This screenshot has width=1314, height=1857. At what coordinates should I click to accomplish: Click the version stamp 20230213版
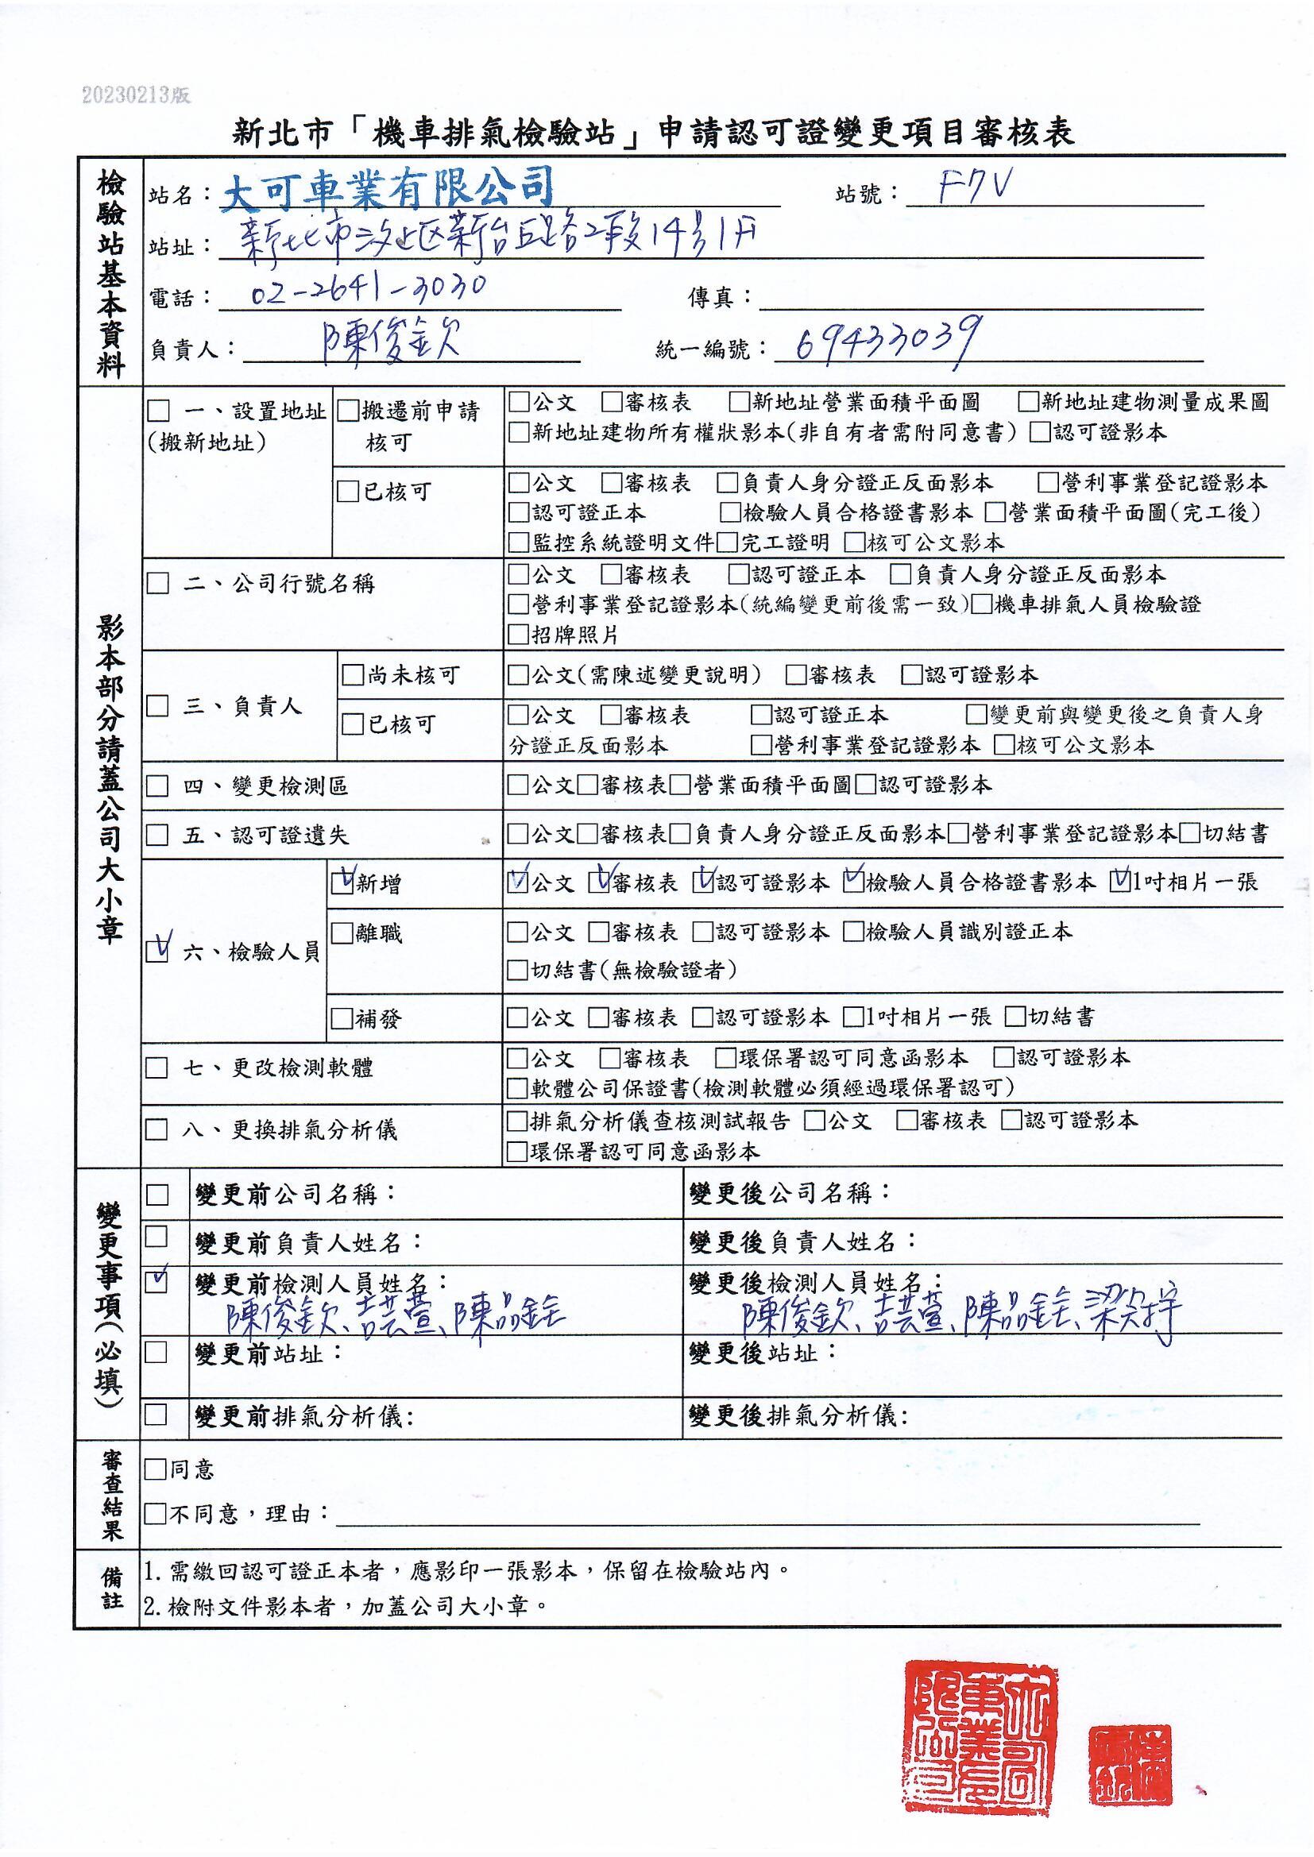tap(136, 96)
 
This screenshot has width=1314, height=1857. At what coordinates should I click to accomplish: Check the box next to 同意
tap(155, 1469)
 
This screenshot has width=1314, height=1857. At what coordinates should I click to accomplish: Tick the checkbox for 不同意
tap(155, 1513)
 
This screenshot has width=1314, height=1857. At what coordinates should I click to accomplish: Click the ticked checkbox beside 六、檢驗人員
tap(158, 950)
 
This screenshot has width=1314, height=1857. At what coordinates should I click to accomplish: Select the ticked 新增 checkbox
tap(342, 883)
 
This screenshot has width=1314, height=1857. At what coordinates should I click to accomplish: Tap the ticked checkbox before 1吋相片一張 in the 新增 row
tap(1121, 882)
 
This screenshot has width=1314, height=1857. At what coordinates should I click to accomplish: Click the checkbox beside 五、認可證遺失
tap(157, 835)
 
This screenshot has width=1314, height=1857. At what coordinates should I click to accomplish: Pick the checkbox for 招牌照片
tap(518, 635)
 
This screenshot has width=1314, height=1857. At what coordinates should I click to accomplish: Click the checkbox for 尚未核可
tap(353, 675)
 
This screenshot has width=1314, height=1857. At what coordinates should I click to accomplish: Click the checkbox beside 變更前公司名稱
tap(157, 1194)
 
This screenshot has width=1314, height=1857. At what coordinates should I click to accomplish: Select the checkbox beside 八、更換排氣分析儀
tap(157, 1129)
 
